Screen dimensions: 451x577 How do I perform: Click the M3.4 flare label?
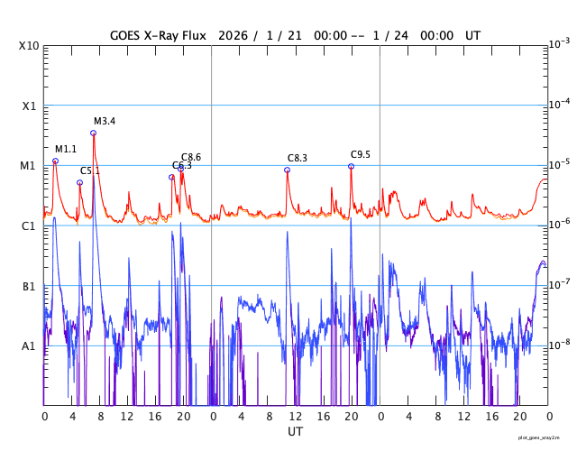click(105, 121)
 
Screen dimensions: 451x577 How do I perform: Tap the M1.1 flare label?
click(66, 149)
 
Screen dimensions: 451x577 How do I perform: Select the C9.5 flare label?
click(361, 154)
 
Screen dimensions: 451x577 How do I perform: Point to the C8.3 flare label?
click(298, 158)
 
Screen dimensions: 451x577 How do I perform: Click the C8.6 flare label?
click(191, 157)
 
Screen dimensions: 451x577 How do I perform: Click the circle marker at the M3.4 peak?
click(93, 133)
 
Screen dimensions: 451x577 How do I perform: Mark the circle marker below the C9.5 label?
click(351, 166)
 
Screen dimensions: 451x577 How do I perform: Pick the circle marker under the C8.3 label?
click(287, 170)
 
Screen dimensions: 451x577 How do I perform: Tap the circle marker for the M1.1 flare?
click(55, 161)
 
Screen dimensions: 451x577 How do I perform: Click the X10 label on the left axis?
click(29, 45)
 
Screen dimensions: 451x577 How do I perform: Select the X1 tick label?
click(29, 106)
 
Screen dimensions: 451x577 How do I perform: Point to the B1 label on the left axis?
click(29, 286)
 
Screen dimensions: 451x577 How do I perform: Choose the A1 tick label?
click(29, 345)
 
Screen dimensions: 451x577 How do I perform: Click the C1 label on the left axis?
click(29, 225)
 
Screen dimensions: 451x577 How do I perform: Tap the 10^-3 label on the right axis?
click(558, 43)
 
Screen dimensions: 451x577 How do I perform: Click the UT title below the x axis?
click(295, 432)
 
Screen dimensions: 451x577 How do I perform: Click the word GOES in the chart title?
click(127, 35)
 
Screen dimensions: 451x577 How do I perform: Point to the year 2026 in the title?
click(234, 35)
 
